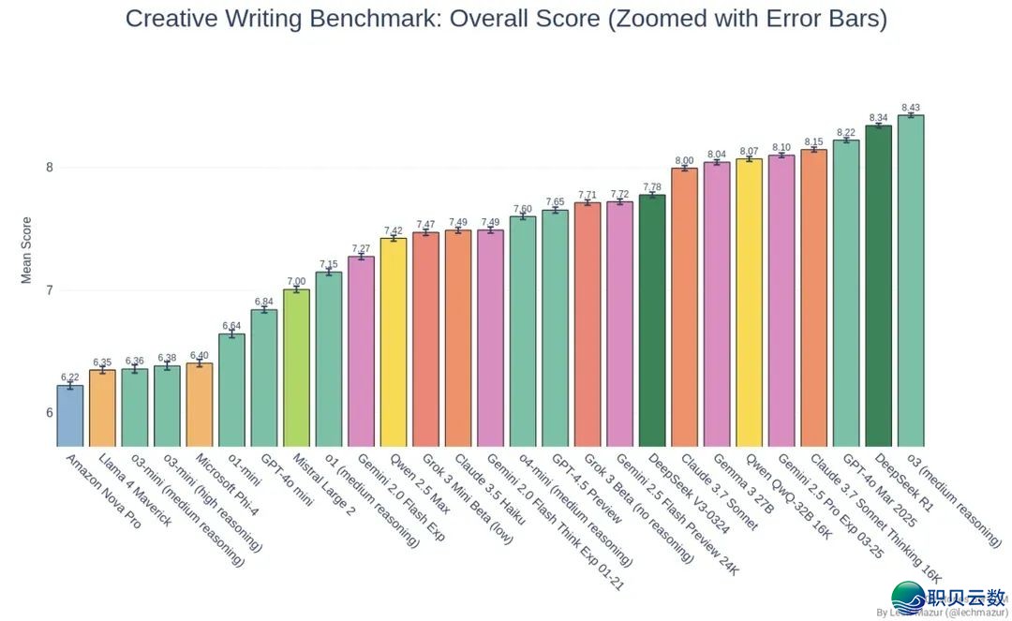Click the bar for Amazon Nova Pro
69,416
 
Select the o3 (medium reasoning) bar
911,281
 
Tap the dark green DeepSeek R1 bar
878,286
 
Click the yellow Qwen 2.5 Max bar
393,342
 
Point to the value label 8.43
911,108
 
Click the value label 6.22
69,377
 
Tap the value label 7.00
296,281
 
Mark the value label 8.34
878,118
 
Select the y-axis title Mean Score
26,250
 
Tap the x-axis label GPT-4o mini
285,479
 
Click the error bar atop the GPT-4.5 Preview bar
555,211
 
